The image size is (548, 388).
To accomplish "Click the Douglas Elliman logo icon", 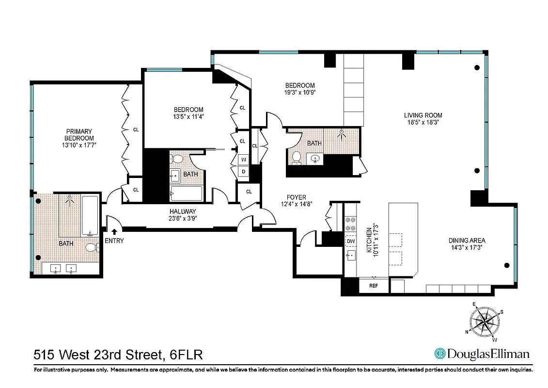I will coord(440,354).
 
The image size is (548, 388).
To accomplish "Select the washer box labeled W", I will coord(243,160).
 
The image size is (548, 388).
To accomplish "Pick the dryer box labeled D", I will coord(243,172).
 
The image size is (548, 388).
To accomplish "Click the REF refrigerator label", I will coord(374,286).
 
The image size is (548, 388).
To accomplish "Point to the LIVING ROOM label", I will coord(423,115).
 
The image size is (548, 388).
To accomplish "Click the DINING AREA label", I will coord(467,240).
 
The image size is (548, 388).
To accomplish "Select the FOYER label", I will coord(296,197).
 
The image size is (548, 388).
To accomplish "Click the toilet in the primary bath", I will coord(91,248).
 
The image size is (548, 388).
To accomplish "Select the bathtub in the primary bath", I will coord(90,215).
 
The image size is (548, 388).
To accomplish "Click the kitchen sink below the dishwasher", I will coord(351,256).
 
